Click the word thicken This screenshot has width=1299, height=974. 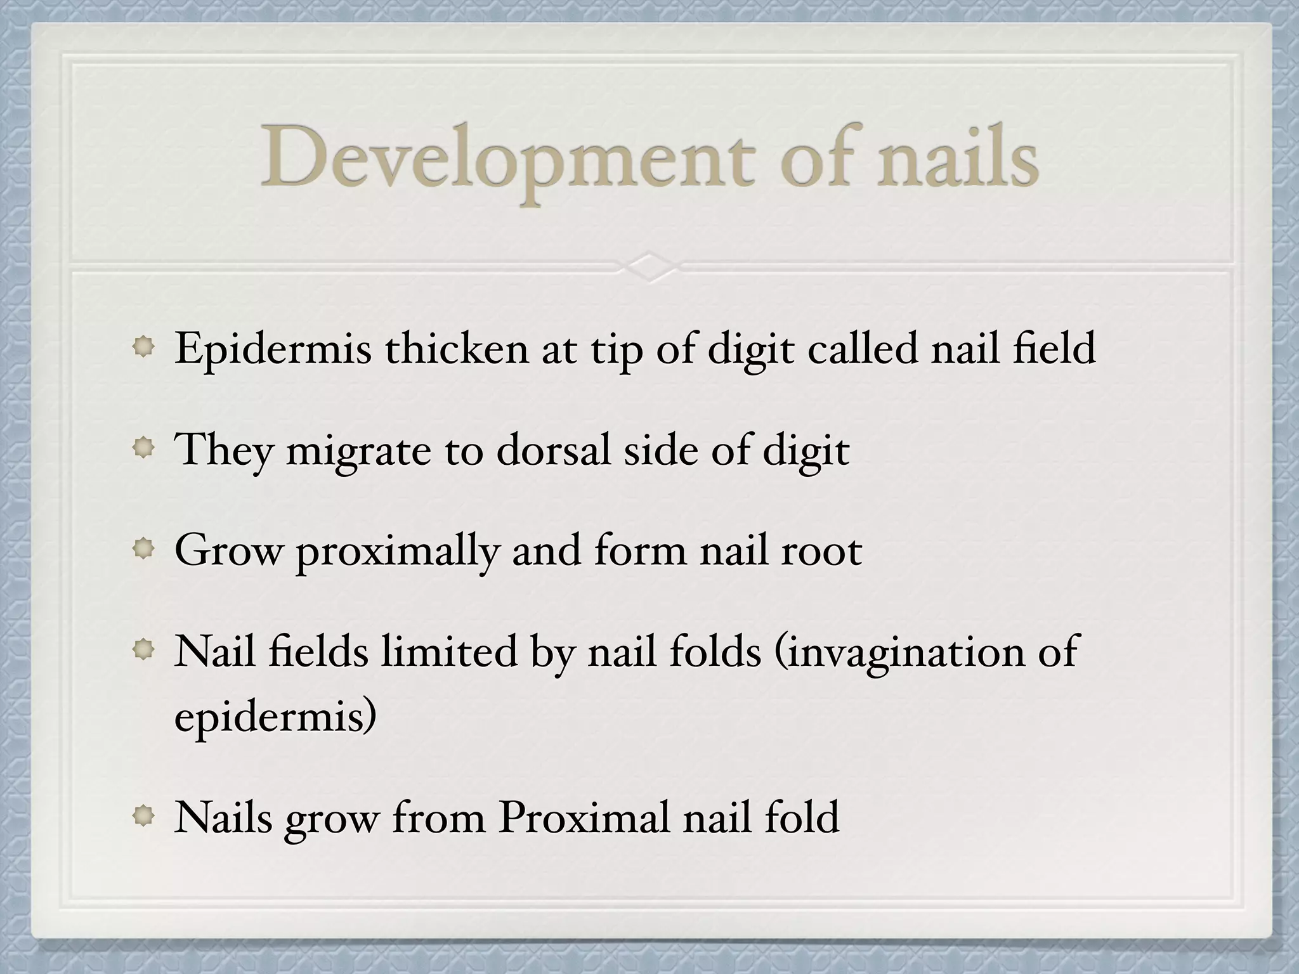pos(457,349)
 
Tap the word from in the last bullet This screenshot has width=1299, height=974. pos(438,817)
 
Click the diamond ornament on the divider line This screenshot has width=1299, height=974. pos(650,266)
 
